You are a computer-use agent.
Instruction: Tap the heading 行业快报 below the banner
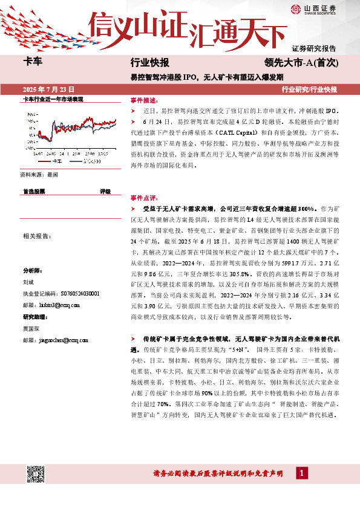(149, 63)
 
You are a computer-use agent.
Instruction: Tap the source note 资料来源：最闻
(39, 174)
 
